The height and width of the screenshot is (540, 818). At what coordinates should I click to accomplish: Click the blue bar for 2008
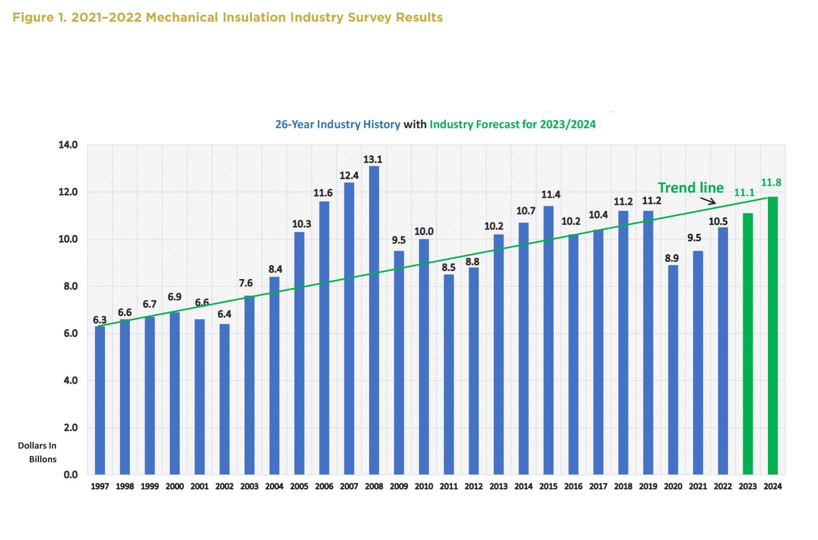[x=374, y=320]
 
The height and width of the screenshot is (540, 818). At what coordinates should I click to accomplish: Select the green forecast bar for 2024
[x=772, y=336]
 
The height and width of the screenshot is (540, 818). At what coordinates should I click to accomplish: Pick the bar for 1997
[x=100, y=400]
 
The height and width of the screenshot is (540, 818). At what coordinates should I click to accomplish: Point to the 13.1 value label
[x=373, y=159]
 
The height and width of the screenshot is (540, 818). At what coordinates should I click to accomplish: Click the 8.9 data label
[x=672, y=258]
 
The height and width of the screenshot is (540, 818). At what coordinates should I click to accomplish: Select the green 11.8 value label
[x=771, y=183]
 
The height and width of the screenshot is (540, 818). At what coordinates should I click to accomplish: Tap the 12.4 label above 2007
[x=349, y=175]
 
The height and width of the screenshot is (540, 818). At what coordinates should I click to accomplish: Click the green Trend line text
[x=691, y=187]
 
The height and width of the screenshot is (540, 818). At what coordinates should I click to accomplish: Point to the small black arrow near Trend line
[x=708, y=201]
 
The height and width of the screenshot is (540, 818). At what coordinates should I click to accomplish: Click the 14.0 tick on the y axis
[x=68, y=145]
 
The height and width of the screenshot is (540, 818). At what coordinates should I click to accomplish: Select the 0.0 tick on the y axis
[x=70, y=474]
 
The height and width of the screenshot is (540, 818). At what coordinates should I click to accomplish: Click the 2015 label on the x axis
[x=548, y=486]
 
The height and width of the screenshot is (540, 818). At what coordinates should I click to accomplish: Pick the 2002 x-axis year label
[x=224, y=486]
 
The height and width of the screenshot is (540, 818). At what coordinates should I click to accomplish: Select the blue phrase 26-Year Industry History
[x=338, y=124]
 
